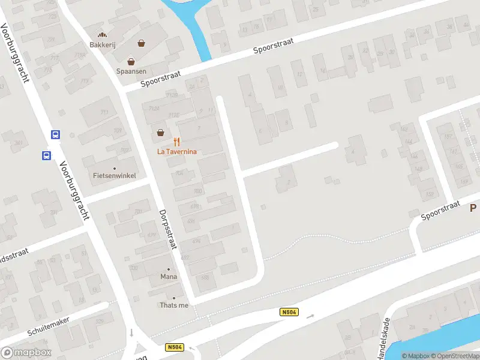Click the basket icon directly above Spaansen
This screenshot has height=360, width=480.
click(131, 61)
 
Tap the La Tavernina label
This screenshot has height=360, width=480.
click(177, 152)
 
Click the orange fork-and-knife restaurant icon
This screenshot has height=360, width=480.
click(176, 142)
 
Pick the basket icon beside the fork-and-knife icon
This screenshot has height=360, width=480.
click(160, 133)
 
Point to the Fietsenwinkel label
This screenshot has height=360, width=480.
click(115, 176)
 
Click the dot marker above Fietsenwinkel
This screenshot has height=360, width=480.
click(115, 168)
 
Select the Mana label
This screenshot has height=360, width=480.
click(168, 277)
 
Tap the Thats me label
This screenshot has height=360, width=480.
click(174, 305)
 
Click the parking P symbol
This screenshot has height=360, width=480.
click(473, 208)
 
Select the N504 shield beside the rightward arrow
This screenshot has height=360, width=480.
click(289, 312)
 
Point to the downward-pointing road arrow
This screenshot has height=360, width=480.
click(131, 333)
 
